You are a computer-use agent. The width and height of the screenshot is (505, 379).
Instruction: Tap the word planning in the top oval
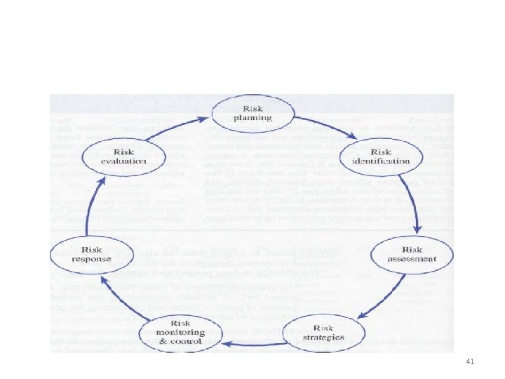point(252,119)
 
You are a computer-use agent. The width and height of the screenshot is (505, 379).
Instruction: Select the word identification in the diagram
point(391,161)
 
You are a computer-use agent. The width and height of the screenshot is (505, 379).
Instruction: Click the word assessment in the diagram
point(411,259)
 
